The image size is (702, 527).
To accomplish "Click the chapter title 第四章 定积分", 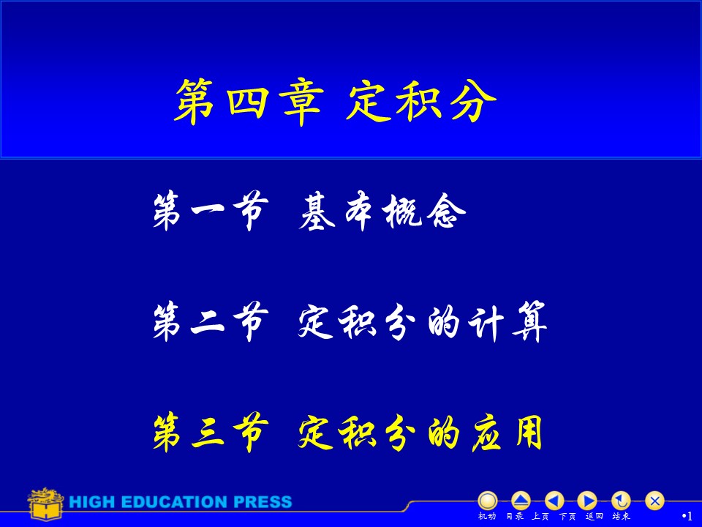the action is (336, 101).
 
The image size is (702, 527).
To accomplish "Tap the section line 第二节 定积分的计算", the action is (350, 322).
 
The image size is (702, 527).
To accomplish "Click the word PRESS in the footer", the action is (263, 502).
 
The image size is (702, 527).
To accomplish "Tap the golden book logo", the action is (45, 504).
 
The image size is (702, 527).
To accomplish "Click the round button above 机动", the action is (488, 501).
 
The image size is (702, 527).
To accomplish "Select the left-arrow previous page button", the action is (554, 501).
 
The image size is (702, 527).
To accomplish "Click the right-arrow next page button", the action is (587, 501).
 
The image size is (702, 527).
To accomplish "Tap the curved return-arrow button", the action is (621, 501).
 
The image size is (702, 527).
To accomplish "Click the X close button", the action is (654, 501).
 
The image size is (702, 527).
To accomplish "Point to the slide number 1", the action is (690, 516).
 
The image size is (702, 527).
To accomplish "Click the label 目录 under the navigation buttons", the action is (514, 516).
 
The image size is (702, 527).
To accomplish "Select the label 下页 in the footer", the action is (567, 516).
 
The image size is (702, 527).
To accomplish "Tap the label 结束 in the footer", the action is (621, 516).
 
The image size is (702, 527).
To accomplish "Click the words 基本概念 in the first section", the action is (382, 212).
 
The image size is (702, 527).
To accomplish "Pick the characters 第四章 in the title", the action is (249, 101).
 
